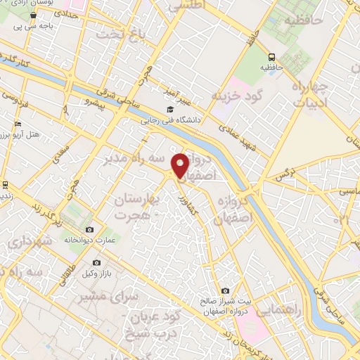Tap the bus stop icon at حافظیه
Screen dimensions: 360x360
pos(271,57)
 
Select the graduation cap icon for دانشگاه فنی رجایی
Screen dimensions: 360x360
pos(169,110)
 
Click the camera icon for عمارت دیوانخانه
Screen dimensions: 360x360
pos(89,230)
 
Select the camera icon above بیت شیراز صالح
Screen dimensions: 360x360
pos(225,290)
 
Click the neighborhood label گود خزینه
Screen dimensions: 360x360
pos(237,96)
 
